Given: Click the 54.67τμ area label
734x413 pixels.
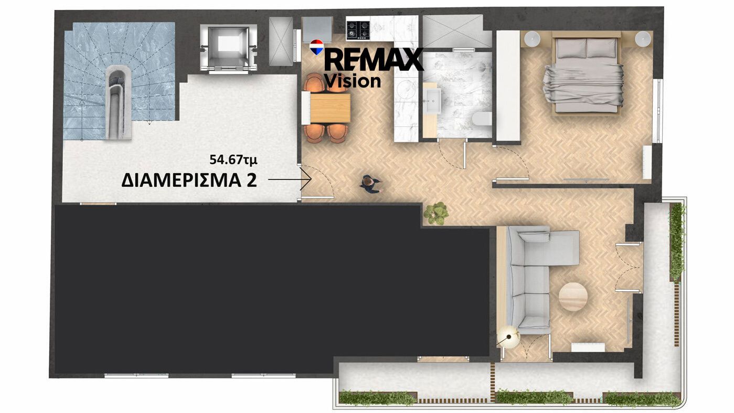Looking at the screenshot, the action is click(x=233, y=160).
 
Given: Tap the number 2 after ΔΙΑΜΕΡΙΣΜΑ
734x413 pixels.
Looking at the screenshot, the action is click(x=251, y=181).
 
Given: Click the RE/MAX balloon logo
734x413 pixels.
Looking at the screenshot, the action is click(x=317, y=47).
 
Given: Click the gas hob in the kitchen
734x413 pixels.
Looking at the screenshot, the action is click(x=358, y=30).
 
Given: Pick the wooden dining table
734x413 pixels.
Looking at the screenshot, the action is click(x=330, y=108).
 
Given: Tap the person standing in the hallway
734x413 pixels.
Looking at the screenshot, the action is click(x=370, y=185).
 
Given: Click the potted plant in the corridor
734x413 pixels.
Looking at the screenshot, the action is click(x=436, y=214).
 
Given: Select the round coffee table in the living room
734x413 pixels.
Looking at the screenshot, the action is click(x=573, y=296).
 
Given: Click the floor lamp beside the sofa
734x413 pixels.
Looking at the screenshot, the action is click(x=508, y=336).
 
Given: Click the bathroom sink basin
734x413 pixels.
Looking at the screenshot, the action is click(x=432, y=100).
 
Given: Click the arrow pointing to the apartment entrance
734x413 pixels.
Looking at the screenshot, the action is click(x=289, y=179).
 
